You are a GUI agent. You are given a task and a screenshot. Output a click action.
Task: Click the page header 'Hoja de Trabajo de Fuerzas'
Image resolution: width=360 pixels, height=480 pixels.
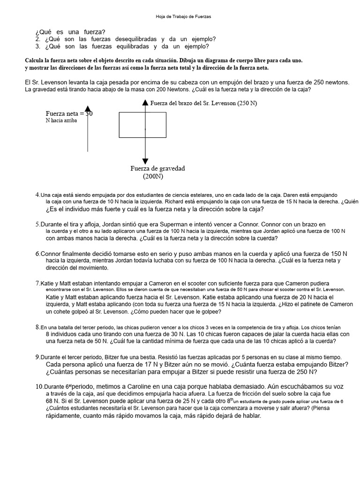pos(183,16)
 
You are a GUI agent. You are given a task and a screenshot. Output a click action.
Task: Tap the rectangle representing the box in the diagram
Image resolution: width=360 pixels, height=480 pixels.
pos(142,125)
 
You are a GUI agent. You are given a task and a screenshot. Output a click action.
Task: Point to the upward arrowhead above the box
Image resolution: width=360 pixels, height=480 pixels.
pos(145,103)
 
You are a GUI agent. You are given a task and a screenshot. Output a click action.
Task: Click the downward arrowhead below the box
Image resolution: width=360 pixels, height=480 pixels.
pos(145,161)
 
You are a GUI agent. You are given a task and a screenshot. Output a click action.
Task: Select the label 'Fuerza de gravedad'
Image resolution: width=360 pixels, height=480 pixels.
pos(157,168)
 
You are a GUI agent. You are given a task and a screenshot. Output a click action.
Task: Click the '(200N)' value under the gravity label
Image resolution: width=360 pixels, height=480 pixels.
pos(153,176)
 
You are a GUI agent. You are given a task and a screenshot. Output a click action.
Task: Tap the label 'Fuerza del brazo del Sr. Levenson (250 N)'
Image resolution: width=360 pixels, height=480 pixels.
pos(203,103)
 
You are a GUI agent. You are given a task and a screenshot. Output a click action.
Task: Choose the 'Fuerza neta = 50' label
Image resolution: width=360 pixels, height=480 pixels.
pos(69,113)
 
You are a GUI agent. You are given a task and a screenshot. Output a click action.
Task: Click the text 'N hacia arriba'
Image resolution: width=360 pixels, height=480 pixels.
pos(61,120)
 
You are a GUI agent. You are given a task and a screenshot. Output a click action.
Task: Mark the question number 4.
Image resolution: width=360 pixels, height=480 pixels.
pos(37,195)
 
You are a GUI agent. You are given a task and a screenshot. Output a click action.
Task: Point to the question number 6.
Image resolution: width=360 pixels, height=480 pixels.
pos(37,254)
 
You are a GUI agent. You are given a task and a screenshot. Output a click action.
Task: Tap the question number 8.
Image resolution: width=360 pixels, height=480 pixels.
pos(37,327)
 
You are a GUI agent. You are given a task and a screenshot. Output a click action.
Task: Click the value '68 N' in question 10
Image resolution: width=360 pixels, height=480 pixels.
pos(53,401)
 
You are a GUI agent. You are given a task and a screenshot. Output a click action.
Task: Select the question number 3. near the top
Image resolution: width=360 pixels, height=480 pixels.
pos(38,46)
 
